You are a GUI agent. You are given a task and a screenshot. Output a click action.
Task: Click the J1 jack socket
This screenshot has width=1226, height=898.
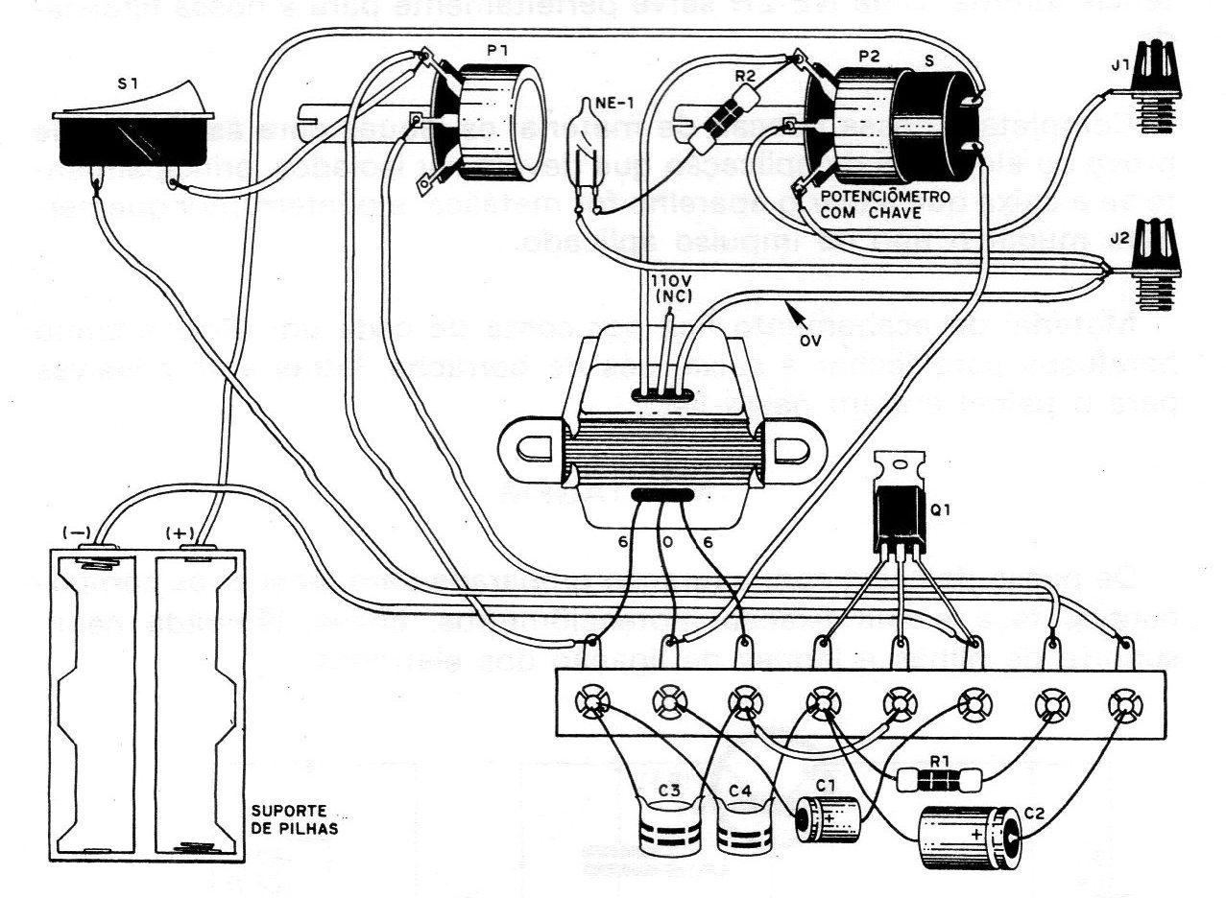[x=1158, y=84]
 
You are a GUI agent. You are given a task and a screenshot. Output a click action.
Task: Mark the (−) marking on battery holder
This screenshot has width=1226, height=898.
[x=76, y=532]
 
